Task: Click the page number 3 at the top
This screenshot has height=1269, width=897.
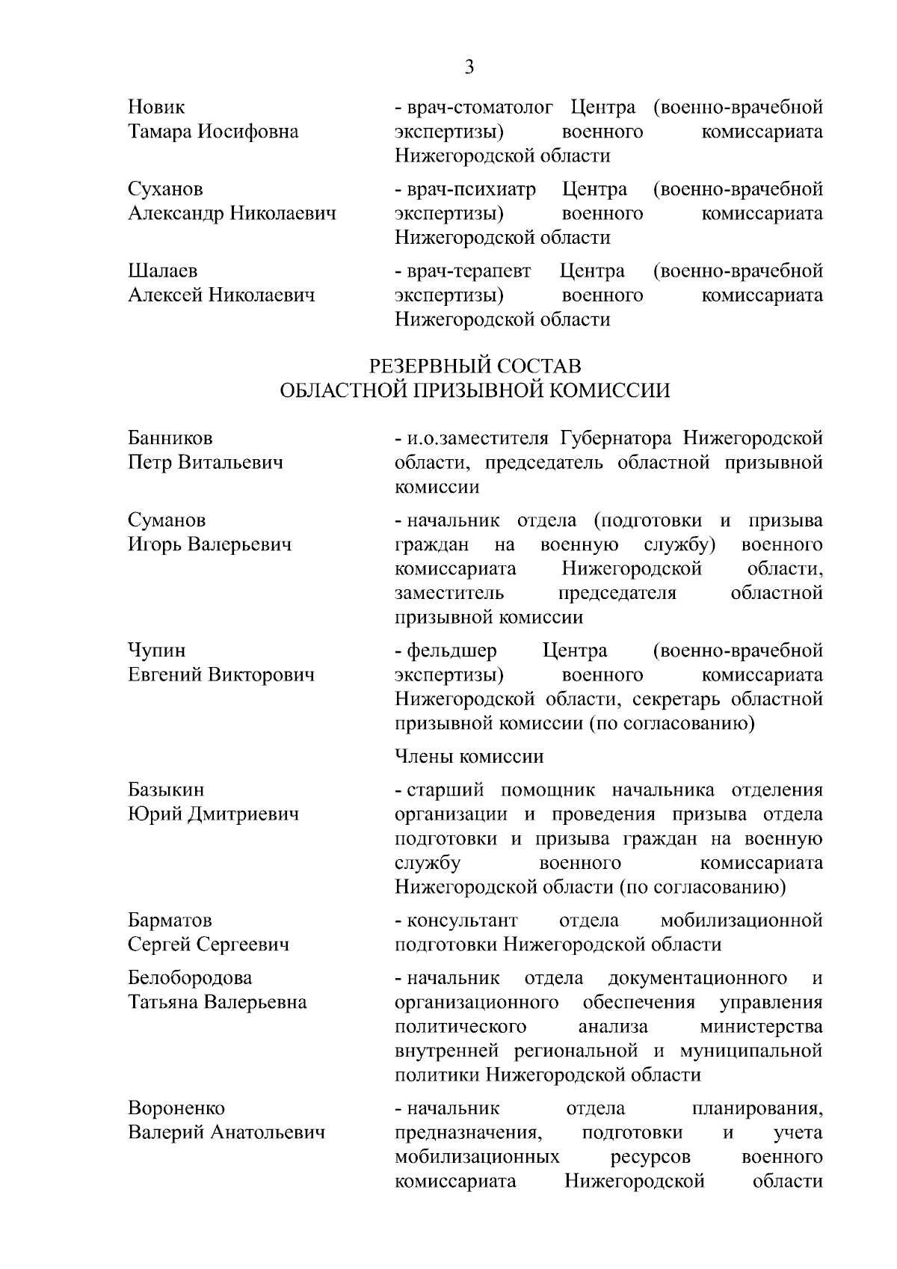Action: point(469,67)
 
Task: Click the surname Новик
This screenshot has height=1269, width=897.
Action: point(156,107)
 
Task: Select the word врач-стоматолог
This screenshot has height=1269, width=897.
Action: point(481,107)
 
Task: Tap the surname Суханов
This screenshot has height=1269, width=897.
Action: point(165,188)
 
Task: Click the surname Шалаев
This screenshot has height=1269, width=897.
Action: point(163,270)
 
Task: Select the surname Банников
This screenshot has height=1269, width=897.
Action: point(170,437)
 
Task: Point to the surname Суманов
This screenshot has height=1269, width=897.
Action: point(167,520)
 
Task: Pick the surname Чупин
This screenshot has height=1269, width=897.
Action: point(157,650)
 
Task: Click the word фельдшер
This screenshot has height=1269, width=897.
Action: point(451,650)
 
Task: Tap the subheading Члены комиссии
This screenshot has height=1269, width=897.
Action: point(469,757)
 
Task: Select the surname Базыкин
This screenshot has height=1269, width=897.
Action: point(166,790)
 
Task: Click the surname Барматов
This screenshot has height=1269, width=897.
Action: point(170,920)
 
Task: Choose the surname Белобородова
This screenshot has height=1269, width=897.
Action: point(190,977)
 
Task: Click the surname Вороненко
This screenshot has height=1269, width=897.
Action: point(176,1107)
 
